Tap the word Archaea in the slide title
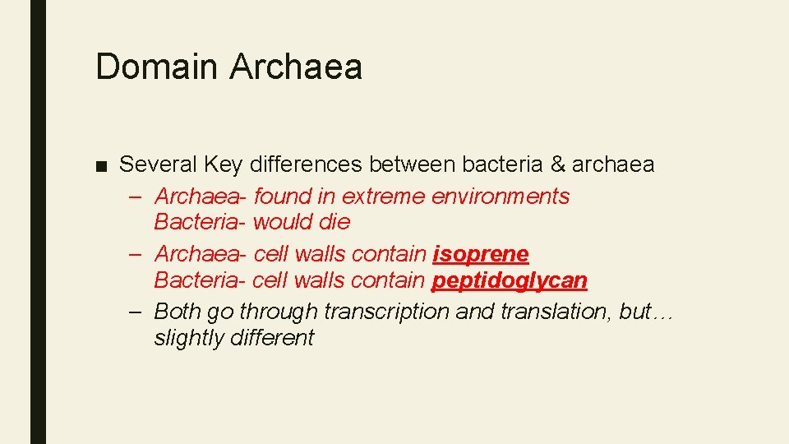tap(295, 66)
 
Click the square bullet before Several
tap(101, 165)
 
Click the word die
tap(335, 222)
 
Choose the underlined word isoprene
tap(481, 255)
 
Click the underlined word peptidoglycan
tap(510, 280)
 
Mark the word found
tap(282, 197)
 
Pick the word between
tap(412, 164)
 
